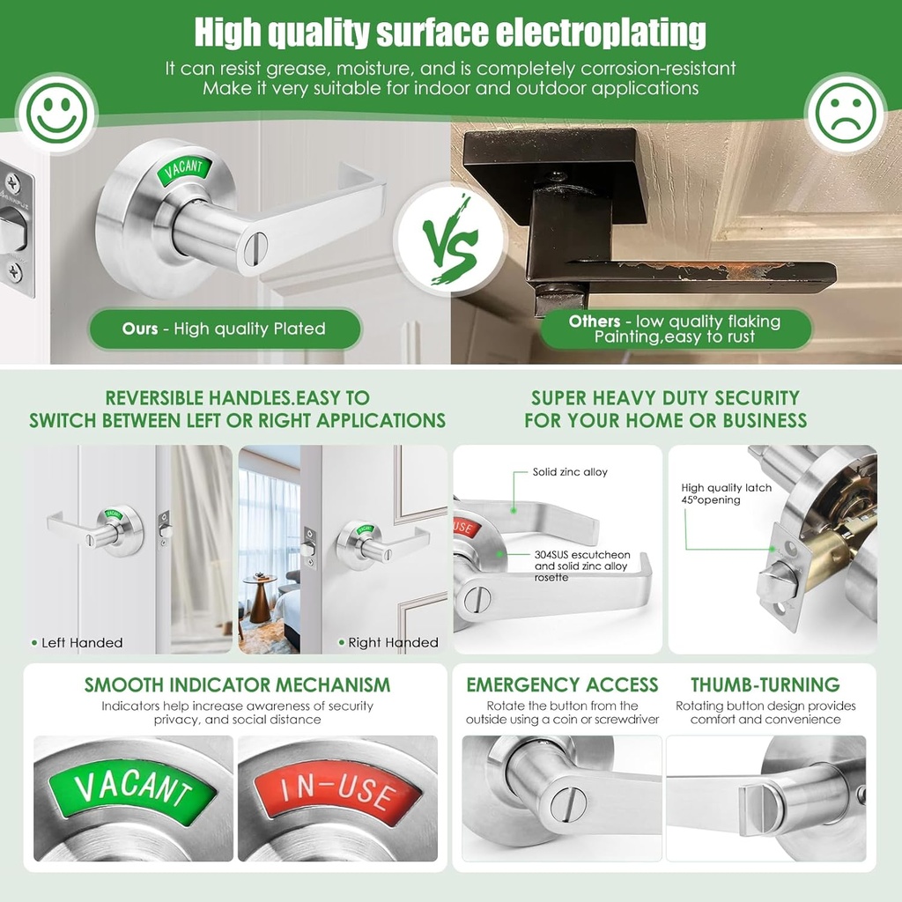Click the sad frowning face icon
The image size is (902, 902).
click(845, 114)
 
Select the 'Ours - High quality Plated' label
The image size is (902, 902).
click(225, 329)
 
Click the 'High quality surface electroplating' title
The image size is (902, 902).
click(450, 33)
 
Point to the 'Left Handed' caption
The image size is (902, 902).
click(81, 643)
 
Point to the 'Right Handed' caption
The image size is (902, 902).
click(393, 643)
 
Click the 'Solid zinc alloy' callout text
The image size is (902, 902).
click(570, 472)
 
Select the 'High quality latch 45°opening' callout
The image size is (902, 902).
click(726, 494)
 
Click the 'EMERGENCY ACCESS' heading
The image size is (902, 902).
click(562, 685)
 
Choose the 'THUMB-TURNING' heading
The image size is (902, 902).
click(765, 685)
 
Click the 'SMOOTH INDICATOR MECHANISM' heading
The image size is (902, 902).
click(237, 685)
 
